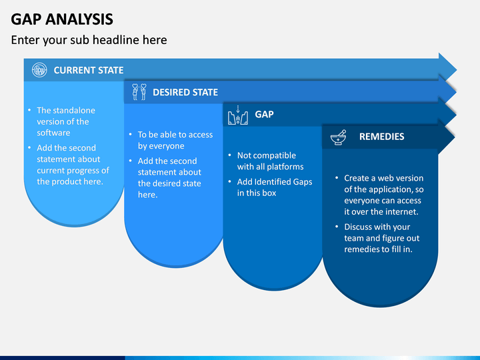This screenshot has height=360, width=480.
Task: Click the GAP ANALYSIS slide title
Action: pos(62,19)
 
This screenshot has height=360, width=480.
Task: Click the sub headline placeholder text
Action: pos(89,40)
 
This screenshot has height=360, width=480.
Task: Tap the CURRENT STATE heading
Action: pos(89,70)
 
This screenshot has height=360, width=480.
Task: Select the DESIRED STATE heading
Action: pos(185,92)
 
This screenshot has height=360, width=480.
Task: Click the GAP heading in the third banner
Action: pos(264,115)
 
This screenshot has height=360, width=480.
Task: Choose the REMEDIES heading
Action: pos(381,137)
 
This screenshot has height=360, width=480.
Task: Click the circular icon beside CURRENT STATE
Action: pos(39,70)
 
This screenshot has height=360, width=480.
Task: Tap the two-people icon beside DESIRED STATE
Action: pos(139,92)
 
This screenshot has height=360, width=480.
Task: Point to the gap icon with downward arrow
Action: pos(238,115)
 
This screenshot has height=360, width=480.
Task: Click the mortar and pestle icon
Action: pos(338,137)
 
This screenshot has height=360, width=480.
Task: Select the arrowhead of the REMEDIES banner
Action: pos(446,137)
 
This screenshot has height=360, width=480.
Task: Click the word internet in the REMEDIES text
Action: pos(401,212)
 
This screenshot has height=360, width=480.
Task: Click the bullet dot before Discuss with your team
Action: pos(337,227)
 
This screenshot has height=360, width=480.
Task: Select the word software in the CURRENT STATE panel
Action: pos(53,133)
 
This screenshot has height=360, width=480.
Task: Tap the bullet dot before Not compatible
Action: pos(229,155)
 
